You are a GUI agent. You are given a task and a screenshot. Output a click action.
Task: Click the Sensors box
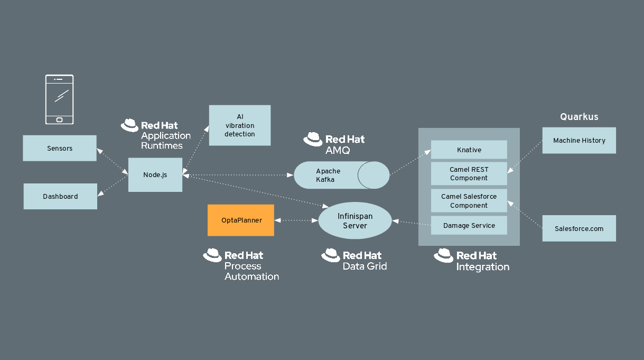60,148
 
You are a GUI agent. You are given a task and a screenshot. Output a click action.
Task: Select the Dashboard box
60,196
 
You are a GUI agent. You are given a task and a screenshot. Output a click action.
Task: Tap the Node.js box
155,174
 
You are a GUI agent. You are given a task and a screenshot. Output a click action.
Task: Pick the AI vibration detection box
240,125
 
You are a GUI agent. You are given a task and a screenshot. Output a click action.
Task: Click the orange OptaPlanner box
241,220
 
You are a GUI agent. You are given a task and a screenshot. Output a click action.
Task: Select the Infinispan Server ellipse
355,221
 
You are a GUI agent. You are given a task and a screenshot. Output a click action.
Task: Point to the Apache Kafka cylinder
341,175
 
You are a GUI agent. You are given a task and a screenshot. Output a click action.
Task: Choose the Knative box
469,150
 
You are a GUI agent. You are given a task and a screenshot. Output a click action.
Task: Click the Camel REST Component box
469,174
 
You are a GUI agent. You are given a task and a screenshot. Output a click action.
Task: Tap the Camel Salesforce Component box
469,201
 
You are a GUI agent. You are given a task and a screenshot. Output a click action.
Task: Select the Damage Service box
469,225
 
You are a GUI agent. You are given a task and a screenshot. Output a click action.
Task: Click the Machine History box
579,141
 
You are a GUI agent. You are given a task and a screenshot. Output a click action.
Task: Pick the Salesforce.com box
579,228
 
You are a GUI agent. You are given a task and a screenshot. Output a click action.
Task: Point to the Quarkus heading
579,117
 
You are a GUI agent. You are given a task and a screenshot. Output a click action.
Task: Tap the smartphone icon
59,99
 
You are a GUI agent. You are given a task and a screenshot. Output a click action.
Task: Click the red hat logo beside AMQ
313,139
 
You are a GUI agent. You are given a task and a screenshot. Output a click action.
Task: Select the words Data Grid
365,266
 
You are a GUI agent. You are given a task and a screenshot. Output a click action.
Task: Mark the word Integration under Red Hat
483,267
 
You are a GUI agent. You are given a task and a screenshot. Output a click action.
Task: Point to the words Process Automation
251,271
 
